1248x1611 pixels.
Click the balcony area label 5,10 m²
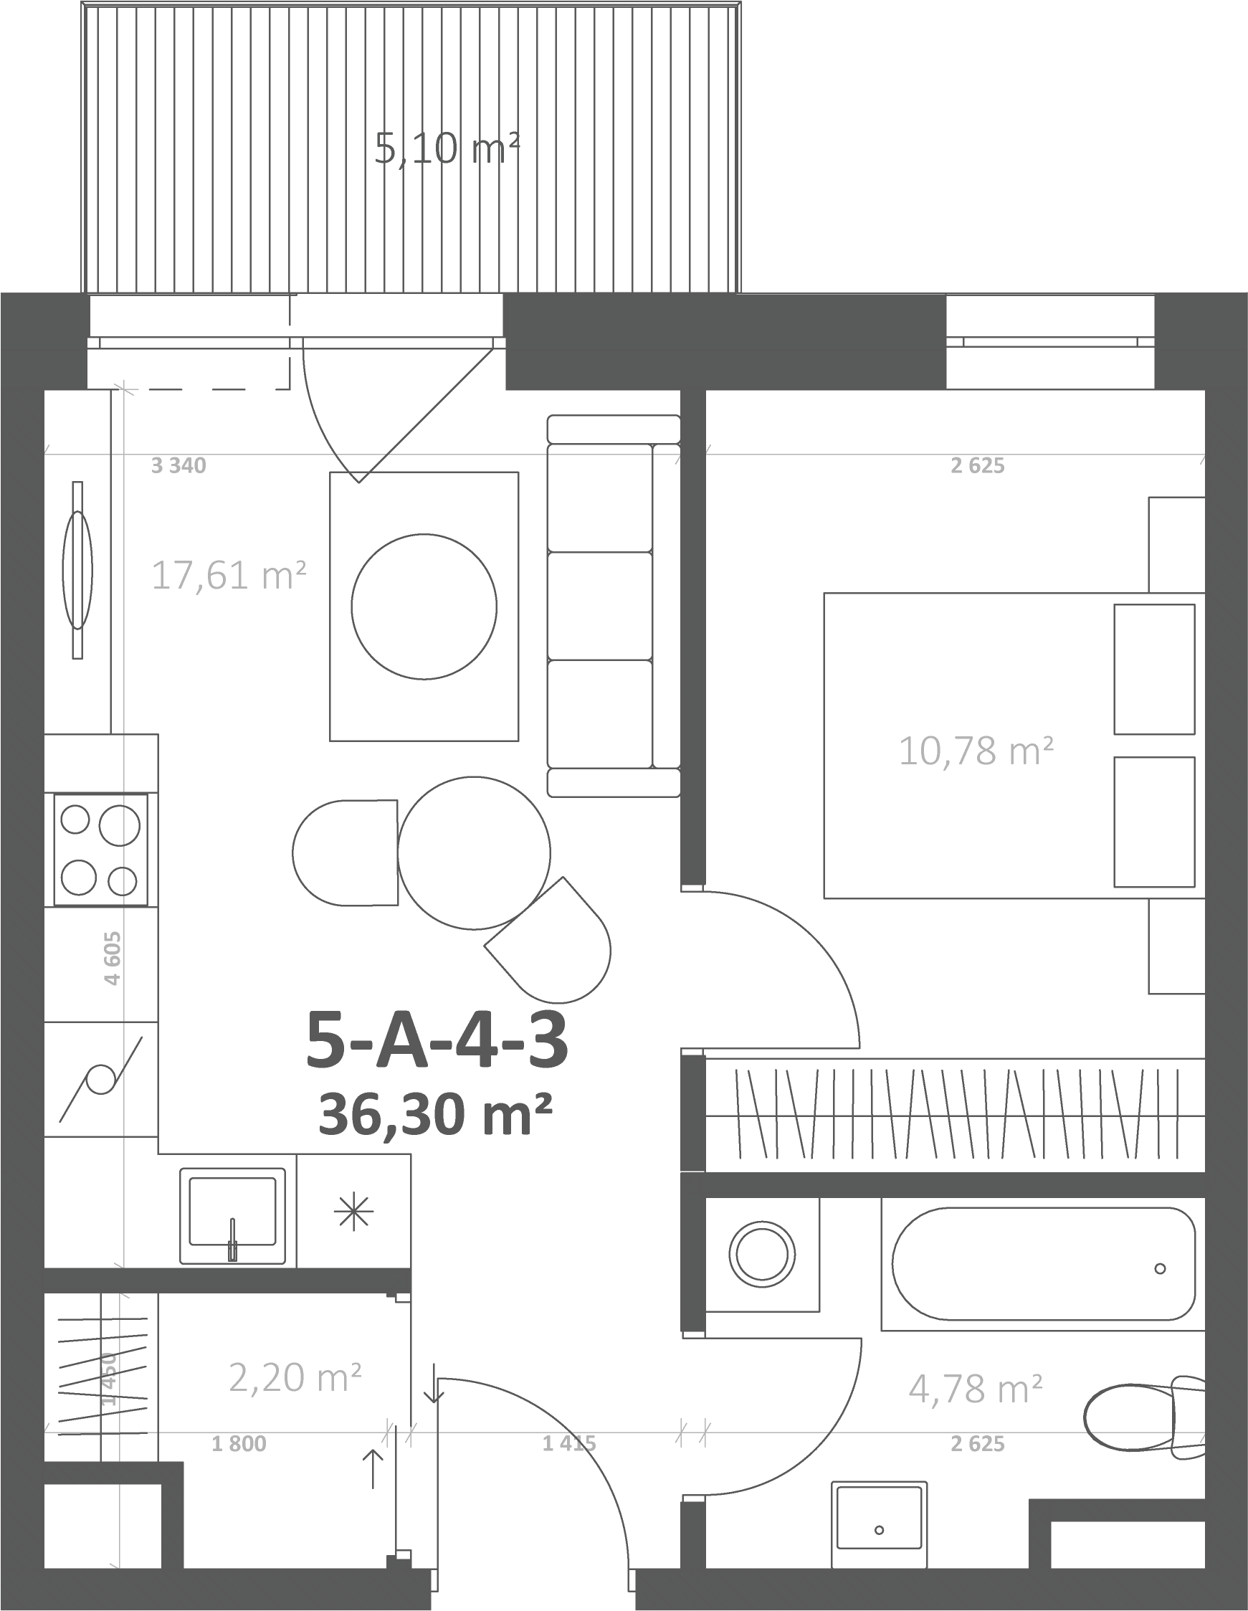(447, 148)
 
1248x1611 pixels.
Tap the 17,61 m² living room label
(229, 574)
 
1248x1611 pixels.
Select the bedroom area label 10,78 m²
(976, 751)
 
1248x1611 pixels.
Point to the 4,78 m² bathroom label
(975, 1388)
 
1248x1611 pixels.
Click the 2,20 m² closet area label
(295, 1377)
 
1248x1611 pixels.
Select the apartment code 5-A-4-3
(437, 1040)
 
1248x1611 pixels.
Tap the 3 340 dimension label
(178, 465)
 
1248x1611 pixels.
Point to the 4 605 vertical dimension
(112, 958)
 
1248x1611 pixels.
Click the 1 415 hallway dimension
(569, 1443)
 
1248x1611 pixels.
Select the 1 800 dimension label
(239, 1443)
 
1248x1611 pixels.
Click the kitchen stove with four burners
(100, 850)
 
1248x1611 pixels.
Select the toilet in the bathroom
(1145, 1412)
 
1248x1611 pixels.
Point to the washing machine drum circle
(763, 1254)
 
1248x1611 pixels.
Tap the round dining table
(475, 852)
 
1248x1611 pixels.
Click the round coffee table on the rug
(424, 607)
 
